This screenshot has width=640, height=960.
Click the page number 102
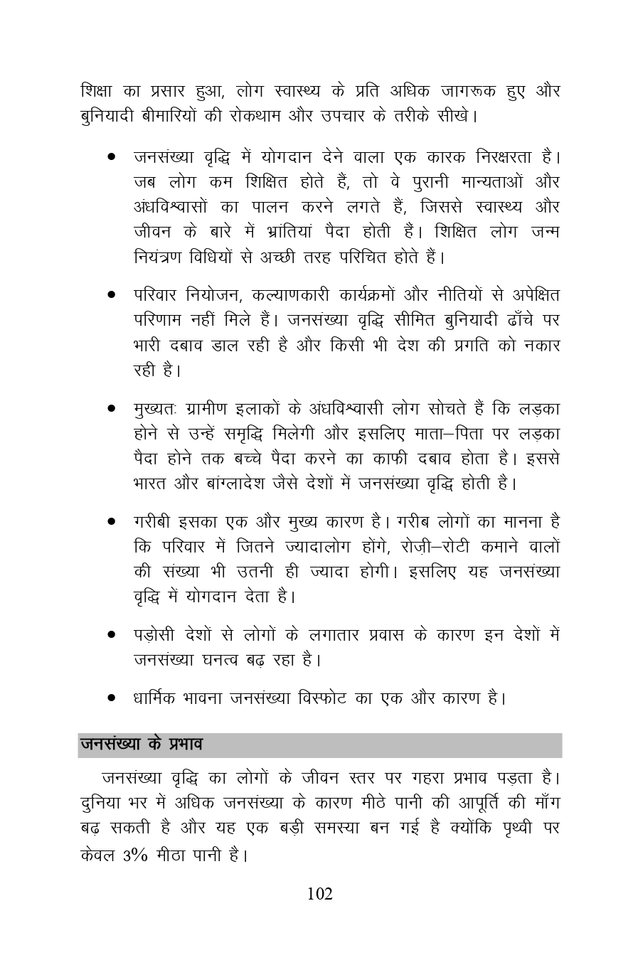[319, 894]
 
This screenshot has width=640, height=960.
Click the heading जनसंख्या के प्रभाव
[142, 745]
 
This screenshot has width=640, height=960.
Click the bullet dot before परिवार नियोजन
[112, 294]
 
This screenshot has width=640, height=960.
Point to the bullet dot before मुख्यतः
[112, 409]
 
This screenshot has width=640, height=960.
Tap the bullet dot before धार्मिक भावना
[112, 698]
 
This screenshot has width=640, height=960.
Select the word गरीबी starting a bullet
[151, 522]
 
